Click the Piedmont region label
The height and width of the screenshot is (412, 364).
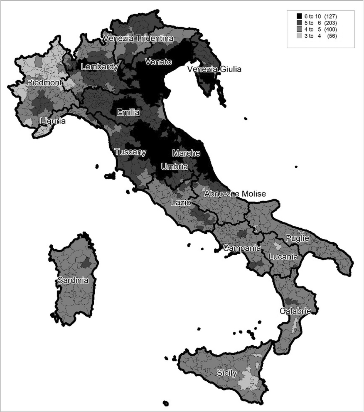[x=44, y=82]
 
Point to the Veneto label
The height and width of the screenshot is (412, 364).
[x=158, y=62]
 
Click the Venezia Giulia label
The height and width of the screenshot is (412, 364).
[x=214, y=69]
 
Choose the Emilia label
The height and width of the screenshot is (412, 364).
[x=128, y=112]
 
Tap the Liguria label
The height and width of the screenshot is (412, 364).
[x=53, y=121]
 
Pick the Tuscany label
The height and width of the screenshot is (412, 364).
[x=130, y=152]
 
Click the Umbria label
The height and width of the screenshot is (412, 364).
[x=174, y=166]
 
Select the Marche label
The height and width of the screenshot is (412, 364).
[x=186, y=153]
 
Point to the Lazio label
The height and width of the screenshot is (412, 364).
[x=181, y=202]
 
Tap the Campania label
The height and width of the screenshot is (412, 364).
[x=242, y=248]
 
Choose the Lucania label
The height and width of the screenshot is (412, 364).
[x=283, y=257]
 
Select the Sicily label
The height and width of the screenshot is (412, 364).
[x=227, y=373]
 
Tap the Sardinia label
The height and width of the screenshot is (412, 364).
[x=73, y=280]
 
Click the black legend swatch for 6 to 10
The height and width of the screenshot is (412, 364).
[x=299, y=16]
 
